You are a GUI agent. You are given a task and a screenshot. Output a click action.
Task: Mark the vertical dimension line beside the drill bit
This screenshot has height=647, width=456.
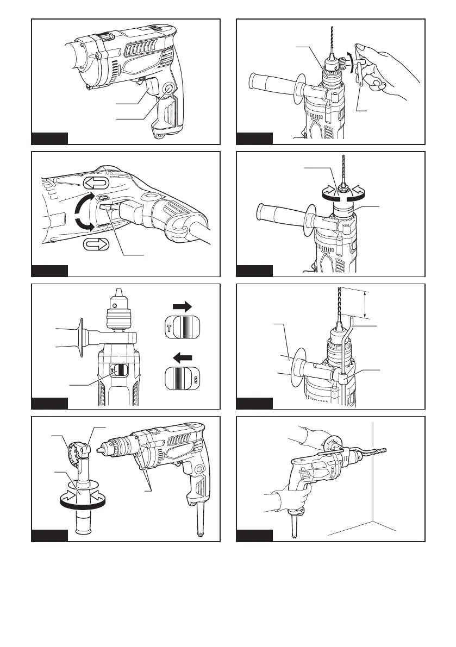click(365, 304)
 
